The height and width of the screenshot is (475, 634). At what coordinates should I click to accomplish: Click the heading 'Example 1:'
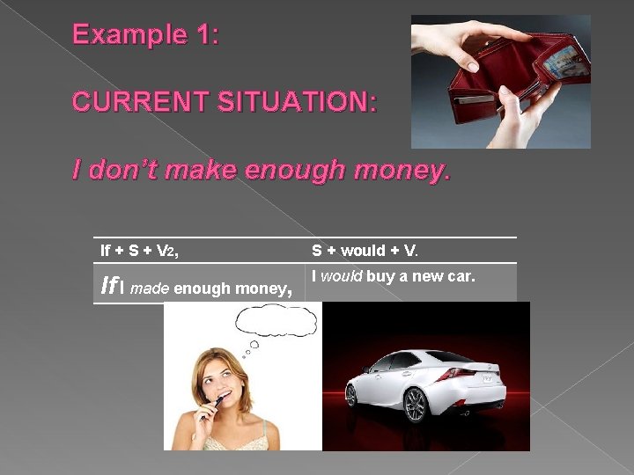[146, 35]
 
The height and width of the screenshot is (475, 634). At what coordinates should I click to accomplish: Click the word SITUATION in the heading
[299, 102]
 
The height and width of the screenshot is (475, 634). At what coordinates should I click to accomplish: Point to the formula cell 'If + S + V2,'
[139, 251]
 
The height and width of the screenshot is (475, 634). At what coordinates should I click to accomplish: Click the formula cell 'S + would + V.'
[365, 251]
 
